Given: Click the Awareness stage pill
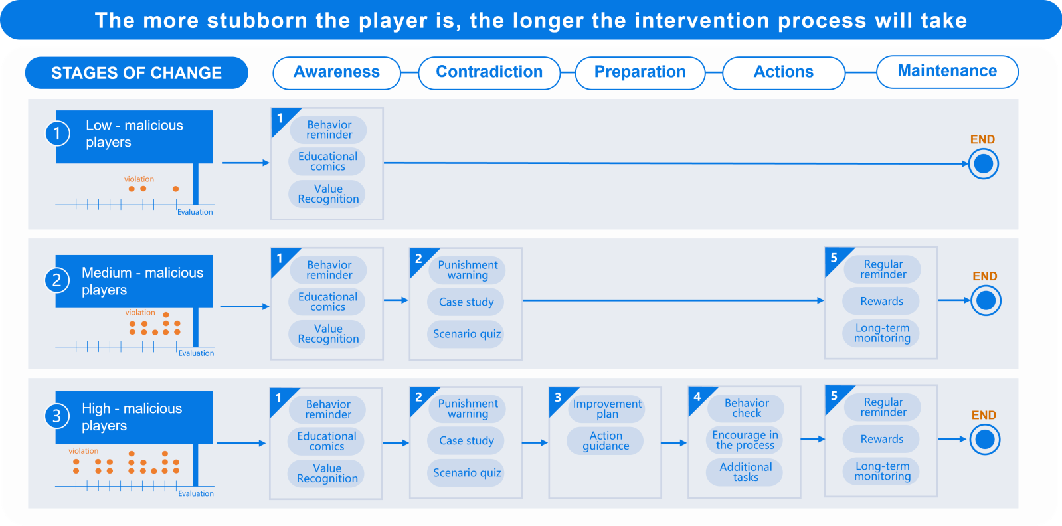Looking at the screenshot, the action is [337, 72].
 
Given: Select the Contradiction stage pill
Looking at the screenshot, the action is [489, 72].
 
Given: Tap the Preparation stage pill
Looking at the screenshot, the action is [640, 72].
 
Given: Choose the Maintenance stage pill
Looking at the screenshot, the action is [947, 72].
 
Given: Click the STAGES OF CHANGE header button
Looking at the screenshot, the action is [137, 72].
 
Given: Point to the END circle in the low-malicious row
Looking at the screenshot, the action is [984, 163].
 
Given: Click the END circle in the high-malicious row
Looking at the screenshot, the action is [985, 439].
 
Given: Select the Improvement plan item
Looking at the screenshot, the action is [607, 409].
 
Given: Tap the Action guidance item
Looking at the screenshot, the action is [606, 440].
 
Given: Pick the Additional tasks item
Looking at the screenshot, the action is [745, 472].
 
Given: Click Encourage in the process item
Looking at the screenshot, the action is [745, 440].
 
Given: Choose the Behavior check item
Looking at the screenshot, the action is [747, 408].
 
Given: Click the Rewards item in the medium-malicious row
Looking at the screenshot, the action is [881, 301].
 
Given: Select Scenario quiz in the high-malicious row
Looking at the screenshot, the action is [466, 472].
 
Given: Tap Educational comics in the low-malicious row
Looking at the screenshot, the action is [327, 161].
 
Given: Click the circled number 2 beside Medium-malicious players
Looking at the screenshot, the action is [57, 280].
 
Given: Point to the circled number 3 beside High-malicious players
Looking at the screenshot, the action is [57, 416].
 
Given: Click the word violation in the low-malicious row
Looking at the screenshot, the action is [139, 179].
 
